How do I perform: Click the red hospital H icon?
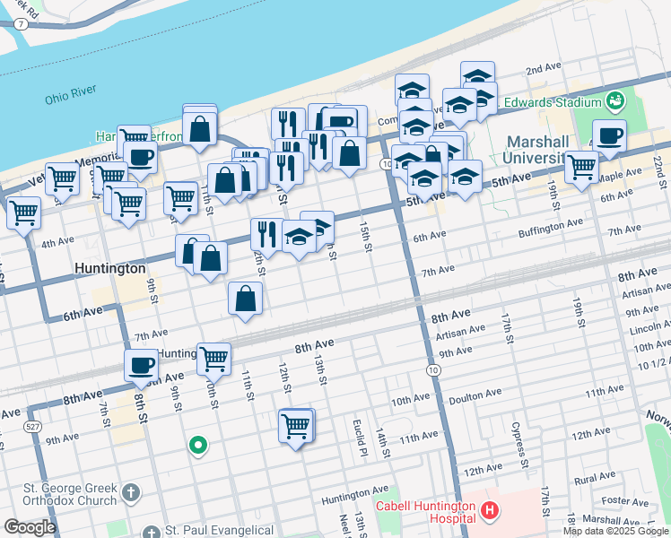pos(490,512)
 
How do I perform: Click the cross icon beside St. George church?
pos(131,492)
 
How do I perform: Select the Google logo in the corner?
pos(30,527)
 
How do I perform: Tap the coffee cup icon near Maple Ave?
pos(610,136)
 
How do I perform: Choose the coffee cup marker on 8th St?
pos(141,366)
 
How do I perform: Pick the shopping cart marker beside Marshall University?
pos(581,167)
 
